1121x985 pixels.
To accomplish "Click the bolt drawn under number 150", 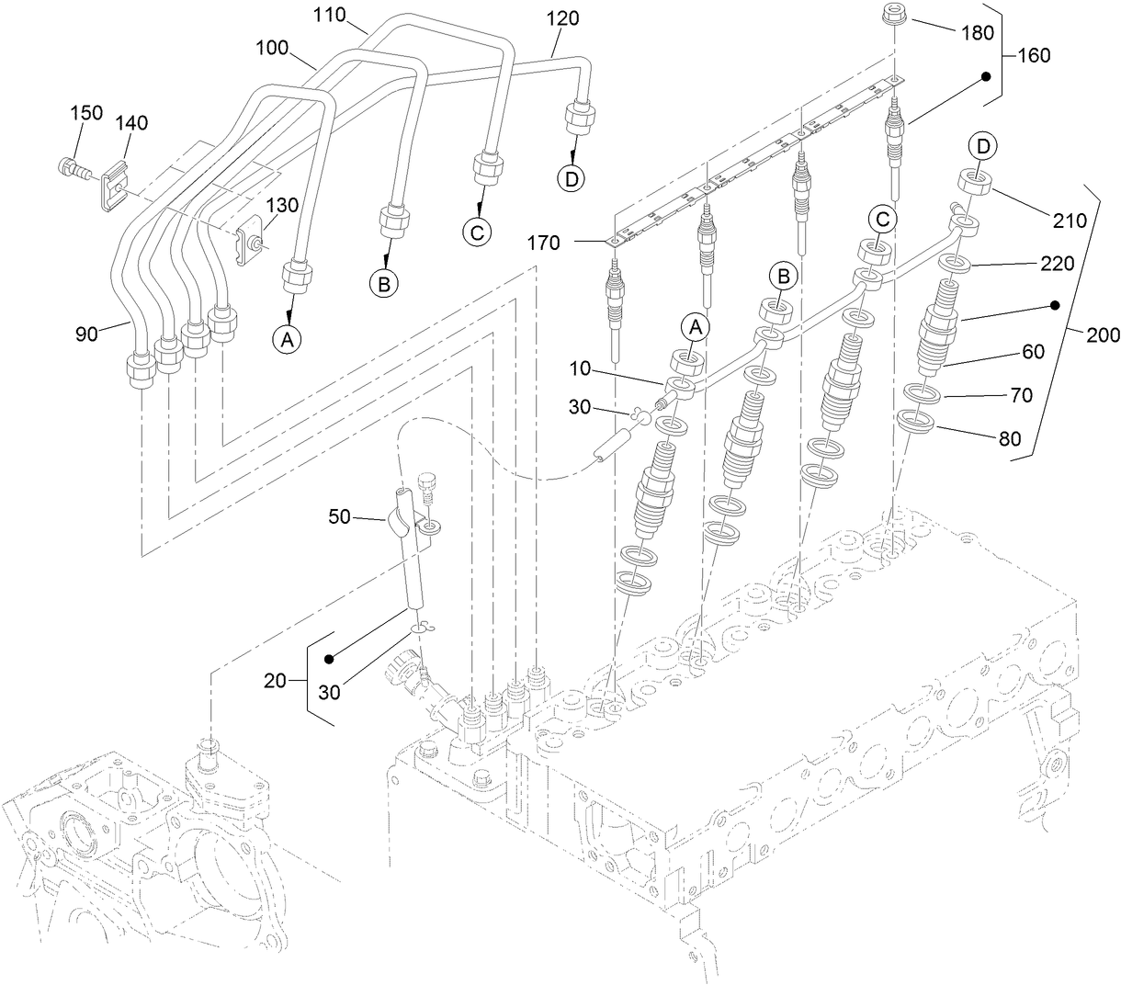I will (72, 170).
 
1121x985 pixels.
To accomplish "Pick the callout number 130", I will (282, 205).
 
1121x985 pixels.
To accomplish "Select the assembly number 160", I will (1035, 55).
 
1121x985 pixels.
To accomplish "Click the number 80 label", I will (1009, 438).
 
